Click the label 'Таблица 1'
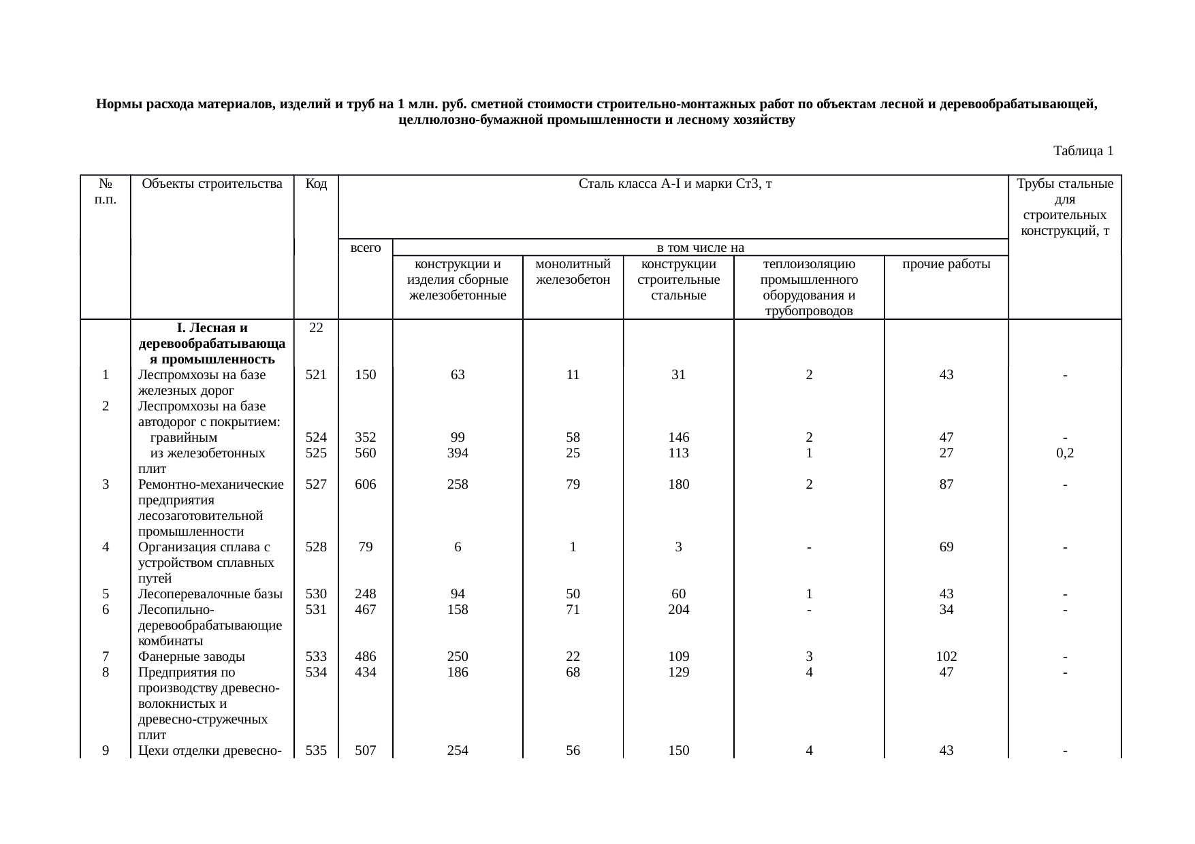click(1083, 151)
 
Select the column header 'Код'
click(316, 184)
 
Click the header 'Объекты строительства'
click(212, 184)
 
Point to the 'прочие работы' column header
click(946, 264)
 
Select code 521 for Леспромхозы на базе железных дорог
click(316, 374)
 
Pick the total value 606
click(366, 485)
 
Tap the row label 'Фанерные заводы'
click(191, 657)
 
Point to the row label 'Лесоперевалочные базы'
click(210, 594)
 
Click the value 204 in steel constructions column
click(678, 610)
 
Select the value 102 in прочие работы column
click(946, 657)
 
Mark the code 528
click(316, 547)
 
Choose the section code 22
click(316, 328)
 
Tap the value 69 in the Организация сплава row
click(946, 547)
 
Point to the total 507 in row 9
click(366, 751)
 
